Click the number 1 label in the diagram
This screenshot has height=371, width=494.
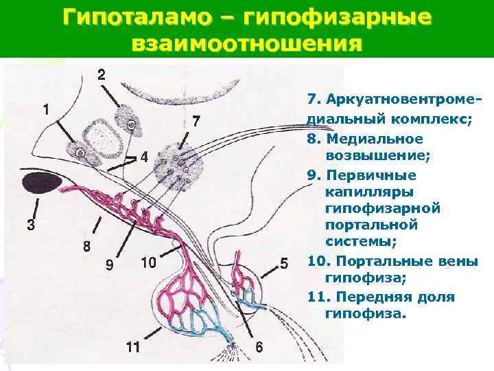coord(46,109)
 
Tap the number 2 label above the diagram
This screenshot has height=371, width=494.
coord(102,75)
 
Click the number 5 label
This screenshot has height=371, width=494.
coord(284,263)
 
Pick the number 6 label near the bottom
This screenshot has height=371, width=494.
coord(258,348)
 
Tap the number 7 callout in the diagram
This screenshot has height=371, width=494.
coord(196,122)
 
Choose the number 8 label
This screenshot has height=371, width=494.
coord(86,245)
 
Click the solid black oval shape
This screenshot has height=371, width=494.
coord(38,183)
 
